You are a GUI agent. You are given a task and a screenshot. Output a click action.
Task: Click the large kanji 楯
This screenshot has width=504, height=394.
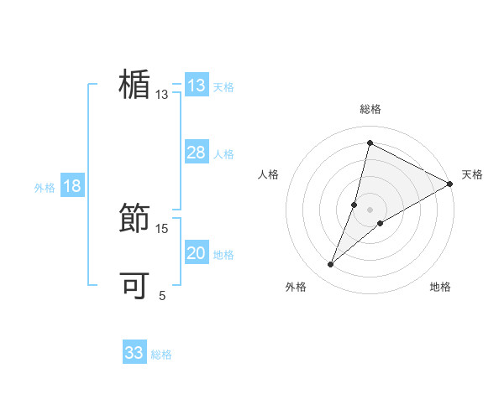[x=134, y=86]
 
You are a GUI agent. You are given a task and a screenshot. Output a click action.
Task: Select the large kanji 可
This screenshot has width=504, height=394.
[x=134, y=286]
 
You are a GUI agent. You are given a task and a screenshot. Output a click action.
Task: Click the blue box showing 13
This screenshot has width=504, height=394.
[x=197, y=86]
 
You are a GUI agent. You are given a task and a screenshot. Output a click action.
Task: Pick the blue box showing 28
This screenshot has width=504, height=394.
[x=197, y=153]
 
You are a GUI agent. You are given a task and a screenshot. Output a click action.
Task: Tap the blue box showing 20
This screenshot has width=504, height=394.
[x=197, y=253]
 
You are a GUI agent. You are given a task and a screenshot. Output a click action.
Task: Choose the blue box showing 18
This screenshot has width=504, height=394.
[x=72, y=186]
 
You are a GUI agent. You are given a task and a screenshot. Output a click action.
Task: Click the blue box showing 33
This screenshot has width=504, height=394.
[x=134, y=353]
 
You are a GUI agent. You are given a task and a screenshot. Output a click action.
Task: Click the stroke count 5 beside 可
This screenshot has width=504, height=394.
[x=162, y=296]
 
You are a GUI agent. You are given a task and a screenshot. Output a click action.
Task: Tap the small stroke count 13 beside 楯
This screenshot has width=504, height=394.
[x=162, y=95]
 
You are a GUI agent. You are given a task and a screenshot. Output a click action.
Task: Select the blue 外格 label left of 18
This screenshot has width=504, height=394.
[x=45, y=188]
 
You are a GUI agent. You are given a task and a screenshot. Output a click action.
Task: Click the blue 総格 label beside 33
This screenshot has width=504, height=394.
[x=161, y=355]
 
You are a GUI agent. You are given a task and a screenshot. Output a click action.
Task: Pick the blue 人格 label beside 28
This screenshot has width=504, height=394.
[x=223, y=154]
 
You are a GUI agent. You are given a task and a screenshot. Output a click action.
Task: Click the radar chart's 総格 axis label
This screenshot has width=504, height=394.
[x=370, y=109]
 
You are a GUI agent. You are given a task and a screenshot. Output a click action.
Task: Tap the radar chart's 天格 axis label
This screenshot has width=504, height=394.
[x=472, y=174]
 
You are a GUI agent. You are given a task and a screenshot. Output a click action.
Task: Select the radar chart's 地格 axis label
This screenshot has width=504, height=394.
[x=440, y=288]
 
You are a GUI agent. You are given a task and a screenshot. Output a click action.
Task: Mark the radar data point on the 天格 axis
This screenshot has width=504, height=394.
[x=449, y=184]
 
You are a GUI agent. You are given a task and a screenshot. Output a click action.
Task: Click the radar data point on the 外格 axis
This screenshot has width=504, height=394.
[x=331, y=265]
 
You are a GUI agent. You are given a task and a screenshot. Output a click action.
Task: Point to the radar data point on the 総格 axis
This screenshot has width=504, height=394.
[x=370, y=143]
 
